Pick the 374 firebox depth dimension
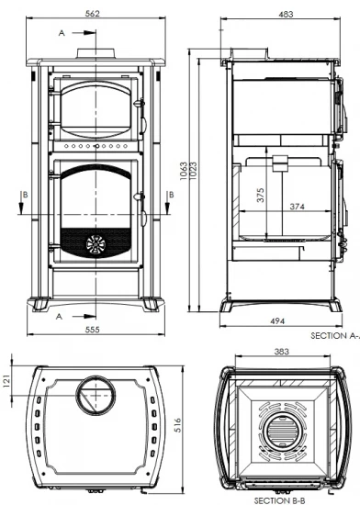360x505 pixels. coord(296,208)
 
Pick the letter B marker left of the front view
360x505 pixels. coord(25,195)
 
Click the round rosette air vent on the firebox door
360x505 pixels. coord(96,242)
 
